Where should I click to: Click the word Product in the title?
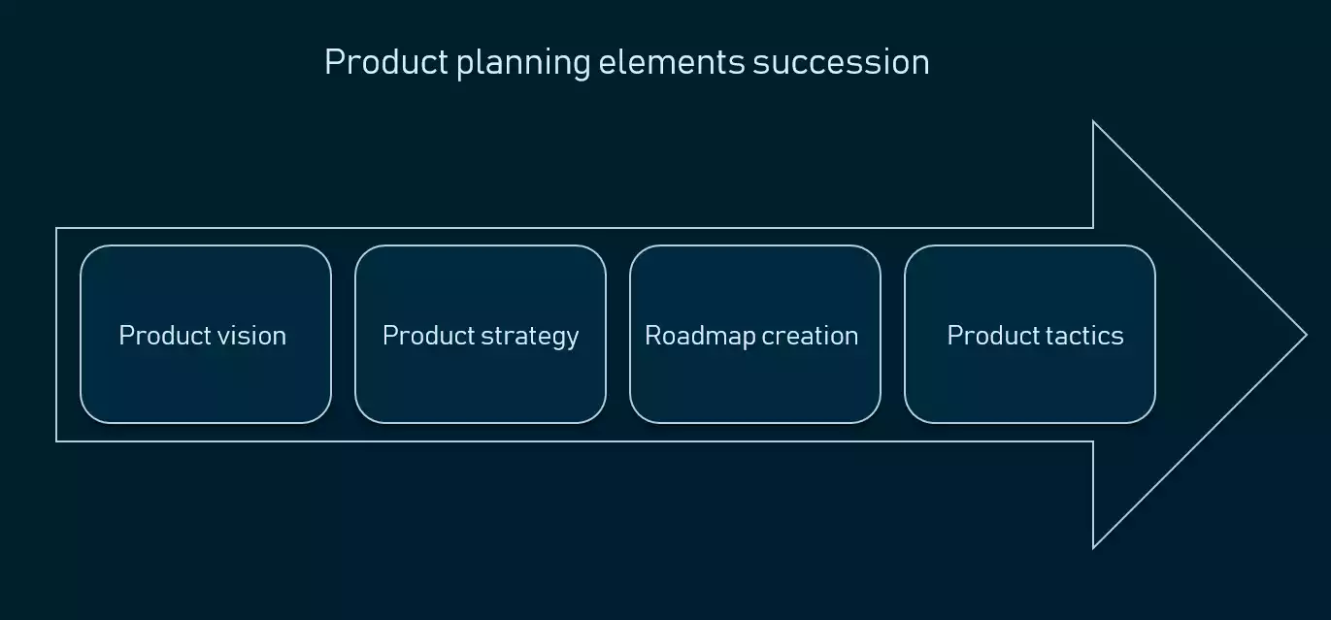(x=385, y=62)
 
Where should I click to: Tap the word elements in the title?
(x=672, y=62)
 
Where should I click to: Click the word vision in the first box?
(x=254, y=336)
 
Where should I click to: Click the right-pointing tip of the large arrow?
(x=1306, y=335)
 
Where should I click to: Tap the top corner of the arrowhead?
(x=1094, y=122)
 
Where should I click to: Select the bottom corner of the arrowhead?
(x=1094, y=547)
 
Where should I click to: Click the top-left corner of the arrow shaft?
(x=57, y=229)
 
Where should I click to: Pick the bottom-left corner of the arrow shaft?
(x=57, y=441)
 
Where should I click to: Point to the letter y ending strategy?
(x=573, y=339)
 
